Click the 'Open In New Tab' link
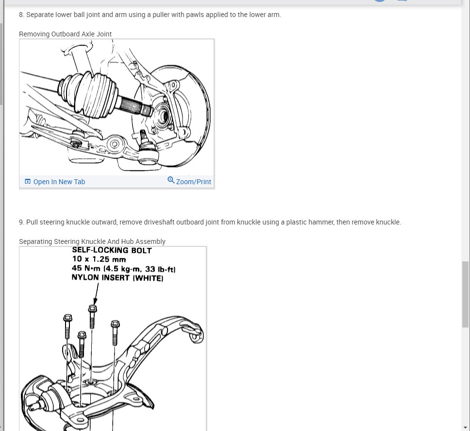click(x=55, y=182)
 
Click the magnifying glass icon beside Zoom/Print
click(x=171, y=180)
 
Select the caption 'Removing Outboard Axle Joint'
click(x=66, y=34)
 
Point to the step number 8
click(x=21, y=15)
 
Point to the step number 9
click(x=21, y=222)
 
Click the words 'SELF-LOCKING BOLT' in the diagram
click(x=112, y=250)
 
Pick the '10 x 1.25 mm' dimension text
click(x=99, y=259)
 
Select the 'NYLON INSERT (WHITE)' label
click(x=117, y=278)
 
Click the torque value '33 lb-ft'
click(x=160, y=269)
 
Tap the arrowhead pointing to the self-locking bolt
click(x=95, y=301)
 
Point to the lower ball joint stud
click(x=143, y=136)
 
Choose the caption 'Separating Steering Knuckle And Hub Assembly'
click(x=92, y=242)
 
